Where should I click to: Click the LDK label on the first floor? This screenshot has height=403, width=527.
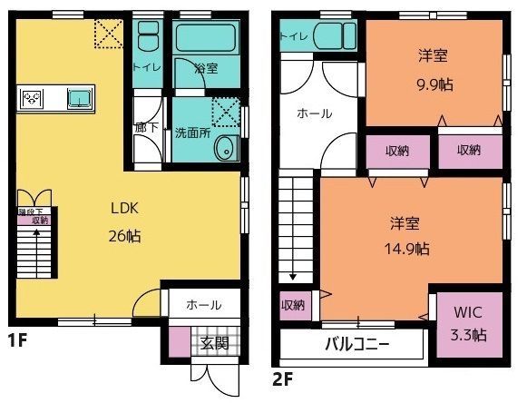[125, 208]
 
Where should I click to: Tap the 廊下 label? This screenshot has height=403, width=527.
[145, 128]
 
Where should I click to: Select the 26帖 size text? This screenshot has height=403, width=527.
[125, 236]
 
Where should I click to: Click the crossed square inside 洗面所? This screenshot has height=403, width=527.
[222, 110]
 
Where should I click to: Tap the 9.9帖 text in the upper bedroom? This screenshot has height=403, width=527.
[434, 82]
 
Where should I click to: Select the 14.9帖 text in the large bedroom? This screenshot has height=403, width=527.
[410, 247]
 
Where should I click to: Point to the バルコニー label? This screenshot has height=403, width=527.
[356, 345]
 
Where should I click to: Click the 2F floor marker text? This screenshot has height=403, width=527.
[281, 378]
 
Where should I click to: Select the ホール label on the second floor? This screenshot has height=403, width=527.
[315, 113]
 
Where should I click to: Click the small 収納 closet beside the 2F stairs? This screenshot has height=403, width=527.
[292, 305]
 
